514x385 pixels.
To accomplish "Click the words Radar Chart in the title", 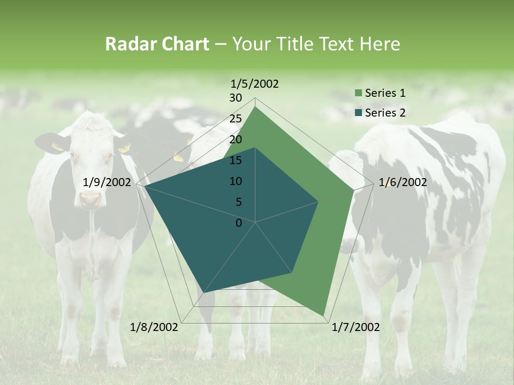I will pos(157,44).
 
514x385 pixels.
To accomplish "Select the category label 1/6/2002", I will pos(403,182).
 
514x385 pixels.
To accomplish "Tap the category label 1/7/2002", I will pos(356,327).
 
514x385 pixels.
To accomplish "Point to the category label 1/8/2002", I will pos(154,327).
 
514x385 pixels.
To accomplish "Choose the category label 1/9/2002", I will pos(107,182).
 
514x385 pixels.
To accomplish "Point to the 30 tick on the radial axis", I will pos(236,98).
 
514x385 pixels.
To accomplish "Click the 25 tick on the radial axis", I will pos(236,119).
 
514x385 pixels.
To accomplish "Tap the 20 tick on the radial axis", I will pos(236,140).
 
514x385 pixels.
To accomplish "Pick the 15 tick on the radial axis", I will pos(236,160).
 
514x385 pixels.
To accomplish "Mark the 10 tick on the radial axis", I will pos(236,181).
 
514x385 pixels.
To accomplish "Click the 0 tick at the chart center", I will pos(239,223).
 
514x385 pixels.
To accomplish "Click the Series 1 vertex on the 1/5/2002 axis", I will pos(255,106).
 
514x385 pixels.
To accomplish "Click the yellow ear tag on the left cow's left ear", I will pos(57,146).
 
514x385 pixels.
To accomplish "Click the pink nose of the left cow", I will pos(90,198).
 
